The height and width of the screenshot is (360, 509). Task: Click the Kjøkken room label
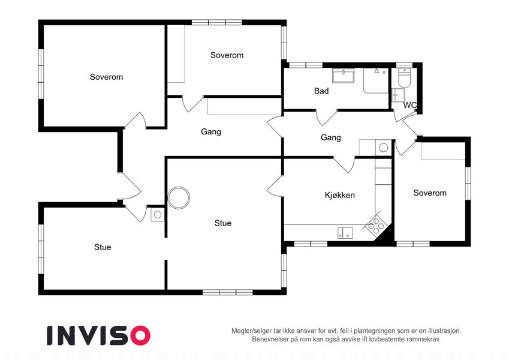(339, 195)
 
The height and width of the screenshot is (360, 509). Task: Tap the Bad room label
(321, 91)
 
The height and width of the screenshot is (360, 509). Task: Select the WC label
(409, 105)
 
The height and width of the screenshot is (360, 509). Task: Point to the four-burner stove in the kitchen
(375, 225)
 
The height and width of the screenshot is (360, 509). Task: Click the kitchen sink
(345, 233)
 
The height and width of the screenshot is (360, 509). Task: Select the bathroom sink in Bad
(343, 76)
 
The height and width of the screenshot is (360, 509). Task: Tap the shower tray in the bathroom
(376, 80)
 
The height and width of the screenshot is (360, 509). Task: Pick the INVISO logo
(99, 335)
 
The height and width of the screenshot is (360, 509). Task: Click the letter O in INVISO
(140, 335)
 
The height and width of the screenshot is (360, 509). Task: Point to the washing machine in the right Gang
(383, 148)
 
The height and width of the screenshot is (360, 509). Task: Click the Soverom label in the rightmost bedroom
(430, 193)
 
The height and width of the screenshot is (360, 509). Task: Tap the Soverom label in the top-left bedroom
(107, 77)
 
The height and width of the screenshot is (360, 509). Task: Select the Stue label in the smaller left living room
(103, 247)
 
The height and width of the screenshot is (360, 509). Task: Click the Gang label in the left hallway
(211, 131)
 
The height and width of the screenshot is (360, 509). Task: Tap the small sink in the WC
(398, 95)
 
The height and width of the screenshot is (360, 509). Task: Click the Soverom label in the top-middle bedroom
(227, 55)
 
